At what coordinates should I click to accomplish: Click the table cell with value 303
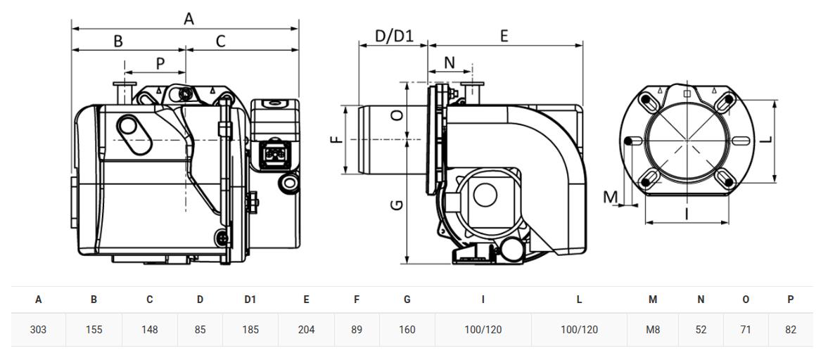pyautogui.click(x=38, y=330)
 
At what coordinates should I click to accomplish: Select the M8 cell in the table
pyautogui.click(x=654, y=330)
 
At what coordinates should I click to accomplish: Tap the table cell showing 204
pyautogui.click(x=306, y=330)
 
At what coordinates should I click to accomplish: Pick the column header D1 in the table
pyautogui.click(x=250, y=300)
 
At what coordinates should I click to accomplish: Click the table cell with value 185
pyautogui.click(x=250, y=330)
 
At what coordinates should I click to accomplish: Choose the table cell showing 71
pyautogui.click(x=746, y=330)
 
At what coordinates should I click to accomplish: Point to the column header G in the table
pyautogui.click(x=407, y=300)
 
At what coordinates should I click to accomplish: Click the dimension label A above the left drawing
pyautogui.click(x=189, y=19)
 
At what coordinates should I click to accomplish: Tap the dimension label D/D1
pyautogui.click(x=393, y=35)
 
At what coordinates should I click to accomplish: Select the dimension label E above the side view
pyautogui.click(x=504, y=36)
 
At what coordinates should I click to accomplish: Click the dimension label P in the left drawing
pyautogui.click(x=160, y=63)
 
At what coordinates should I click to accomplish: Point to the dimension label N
pyautogui.click(x=449, y=63)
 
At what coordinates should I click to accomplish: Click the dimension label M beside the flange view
pyautogui.click(x=611, y=197)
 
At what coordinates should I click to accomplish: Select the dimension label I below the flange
pyautogui.click(x=687, y=213)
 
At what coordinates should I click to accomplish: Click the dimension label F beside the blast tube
pyautogui.click(x=336, y=140)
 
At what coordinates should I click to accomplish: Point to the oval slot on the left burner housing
pyautogui.click(x=134, y=134)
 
